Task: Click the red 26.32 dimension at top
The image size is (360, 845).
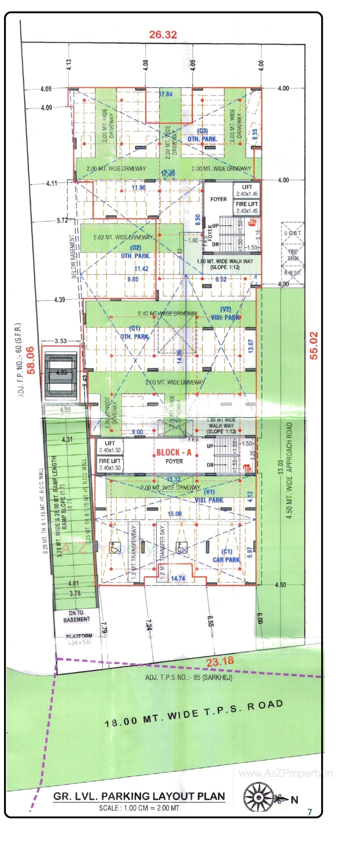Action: pos(163,34)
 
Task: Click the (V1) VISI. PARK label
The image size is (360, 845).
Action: pos(209,496)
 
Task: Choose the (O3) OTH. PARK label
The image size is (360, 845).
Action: pos(202,135)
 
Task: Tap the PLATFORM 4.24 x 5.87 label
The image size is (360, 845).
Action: pos(79,639)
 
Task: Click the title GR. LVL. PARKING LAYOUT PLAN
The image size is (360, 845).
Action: pos(139,796)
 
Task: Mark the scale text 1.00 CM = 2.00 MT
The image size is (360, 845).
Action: pos(139,808)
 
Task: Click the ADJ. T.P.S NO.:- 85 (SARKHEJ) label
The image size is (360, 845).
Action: pos(189,677)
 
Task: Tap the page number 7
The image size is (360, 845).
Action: pos(309,812)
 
